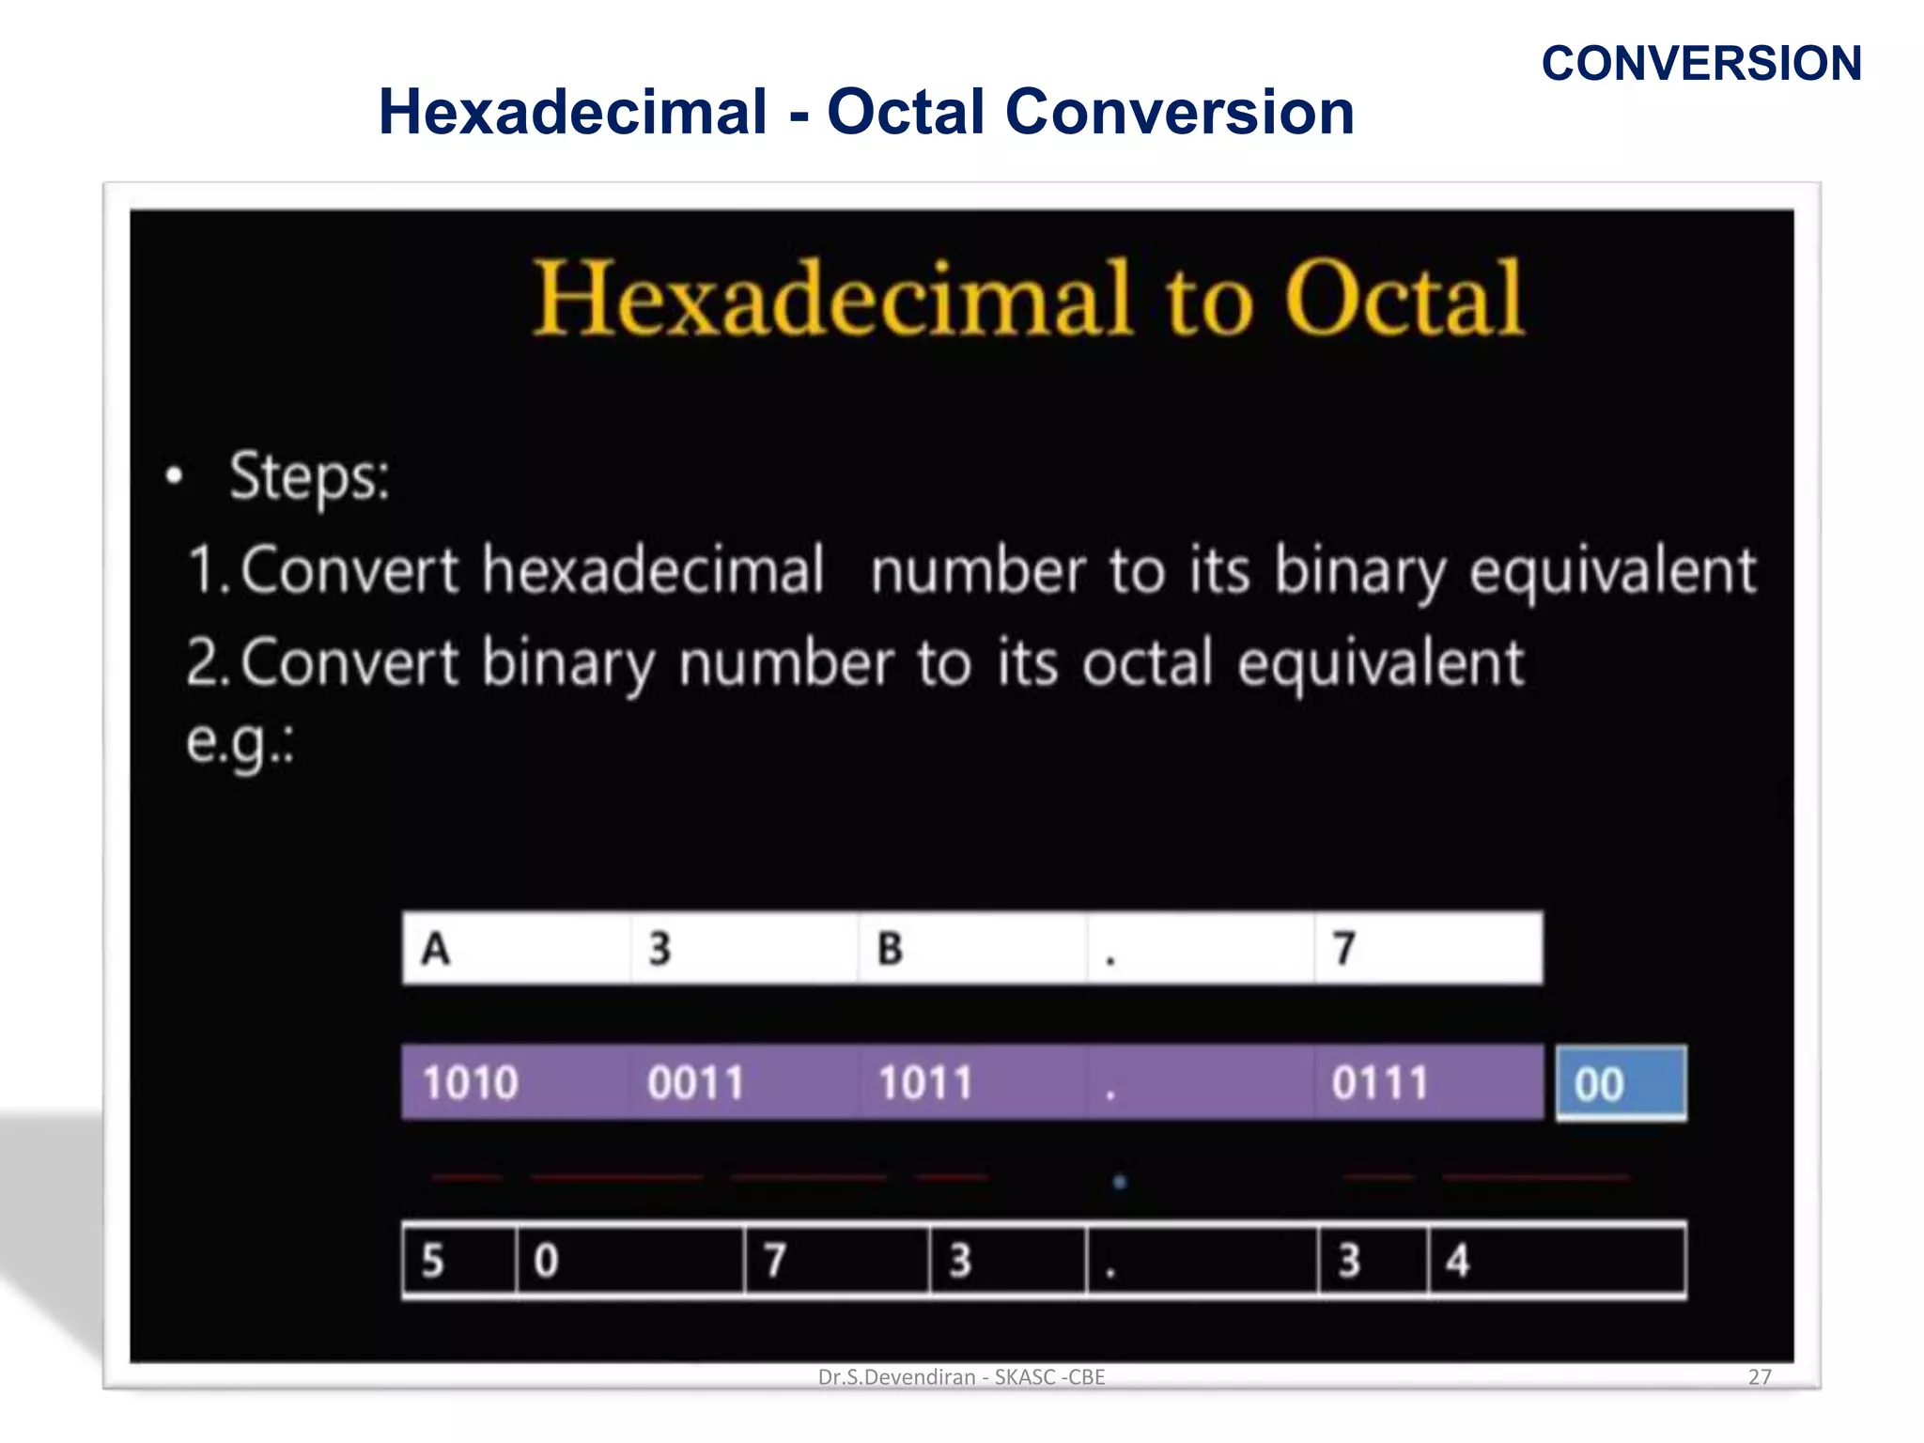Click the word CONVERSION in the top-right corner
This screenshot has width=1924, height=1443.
(x=1700, y=64)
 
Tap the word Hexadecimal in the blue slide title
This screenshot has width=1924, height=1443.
(x=572, y=112)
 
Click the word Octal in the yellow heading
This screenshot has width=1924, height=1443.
(x=1404, y=299)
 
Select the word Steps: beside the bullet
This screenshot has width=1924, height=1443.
(x=309, y=476)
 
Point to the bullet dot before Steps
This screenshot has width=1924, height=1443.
(x=174, y=475)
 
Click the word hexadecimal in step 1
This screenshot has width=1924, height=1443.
(x=653, y=569)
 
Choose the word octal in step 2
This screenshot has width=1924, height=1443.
(x=1147, y=663)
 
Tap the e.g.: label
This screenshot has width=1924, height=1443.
(x=240, y=743)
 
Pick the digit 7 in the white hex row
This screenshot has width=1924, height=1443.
(x=1344, y=949)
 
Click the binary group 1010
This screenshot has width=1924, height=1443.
(x=470, y=1083)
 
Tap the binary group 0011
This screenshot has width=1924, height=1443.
(x=695, y=1083)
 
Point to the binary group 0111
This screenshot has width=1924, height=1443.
(x=1379, y=1083)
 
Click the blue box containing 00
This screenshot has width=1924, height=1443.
(x=1620, y=1084)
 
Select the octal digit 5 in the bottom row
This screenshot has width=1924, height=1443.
(x=432, y=1261)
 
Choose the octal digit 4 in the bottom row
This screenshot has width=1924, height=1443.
(x=1457, y=1261)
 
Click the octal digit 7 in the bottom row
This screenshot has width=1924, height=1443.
(x=774, y=1261)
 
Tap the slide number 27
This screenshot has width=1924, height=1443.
(x=1760, y=1377)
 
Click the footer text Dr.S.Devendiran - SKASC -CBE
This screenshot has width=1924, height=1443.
(x=961, y=1377)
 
